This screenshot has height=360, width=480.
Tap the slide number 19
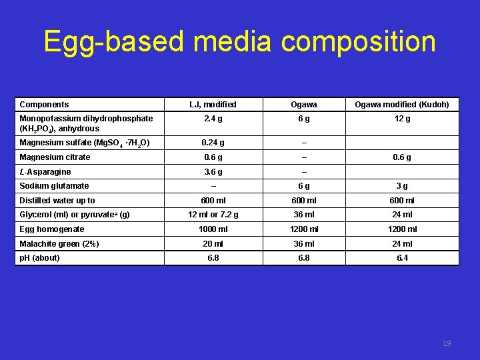(447, 343)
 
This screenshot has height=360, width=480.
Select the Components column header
(44, 105)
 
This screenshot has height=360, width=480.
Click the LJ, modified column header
(213, 105)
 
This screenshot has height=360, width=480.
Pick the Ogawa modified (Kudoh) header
(401, 105)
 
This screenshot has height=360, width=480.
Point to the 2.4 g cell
(213, 119)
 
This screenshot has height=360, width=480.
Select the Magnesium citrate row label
(55, 157)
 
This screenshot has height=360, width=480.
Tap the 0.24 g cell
(213, 143)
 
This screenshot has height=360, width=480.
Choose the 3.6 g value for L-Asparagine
(213, 172)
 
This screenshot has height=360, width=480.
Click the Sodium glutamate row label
(54, 186)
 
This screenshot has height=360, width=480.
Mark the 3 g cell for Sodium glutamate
(401, 186)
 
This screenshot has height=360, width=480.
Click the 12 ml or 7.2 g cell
(213, 215)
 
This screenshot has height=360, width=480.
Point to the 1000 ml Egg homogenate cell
(213, 229)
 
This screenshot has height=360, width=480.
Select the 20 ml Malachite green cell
(213, 243)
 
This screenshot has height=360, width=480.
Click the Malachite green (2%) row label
(59, 243)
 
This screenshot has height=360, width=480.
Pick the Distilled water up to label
(57, 200)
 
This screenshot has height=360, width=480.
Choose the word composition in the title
(359, 41)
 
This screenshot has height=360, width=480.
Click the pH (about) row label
(39, 258)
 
